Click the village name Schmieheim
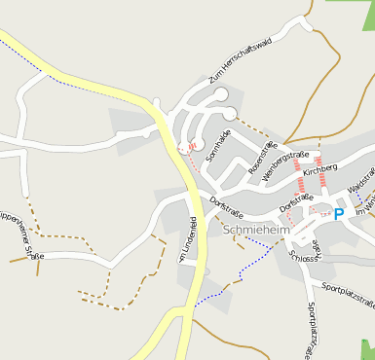(x=255, y=231)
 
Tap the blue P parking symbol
(x=339, y=213)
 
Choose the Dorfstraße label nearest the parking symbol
(x=296, y=202)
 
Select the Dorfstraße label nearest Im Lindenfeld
(x=226, y=207)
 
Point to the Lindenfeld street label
(x=188, y=239)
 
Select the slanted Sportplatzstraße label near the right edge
(x=348, y=295)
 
